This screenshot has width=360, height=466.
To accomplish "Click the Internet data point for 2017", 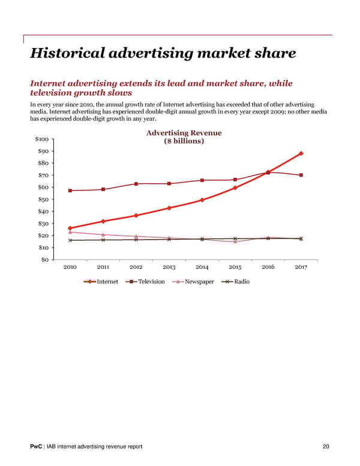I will [301, 153].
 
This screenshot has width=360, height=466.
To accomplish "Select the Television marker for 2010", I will [70, 190].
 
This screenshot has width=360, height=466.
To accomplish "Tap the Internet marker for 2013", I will [169, 208].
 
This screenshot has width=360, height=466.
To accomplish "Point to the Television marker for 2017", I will [301, 175].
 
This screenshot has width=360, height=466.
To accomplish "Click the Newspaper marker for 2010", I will [70, 232].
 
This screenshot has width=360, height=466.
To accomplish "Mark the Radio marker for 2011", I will [103, 240].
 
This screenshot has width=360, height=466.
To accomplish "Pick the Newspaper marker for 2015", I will [235, 241].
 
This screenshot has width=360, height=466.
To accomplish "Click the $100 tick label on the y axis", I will [42, 139].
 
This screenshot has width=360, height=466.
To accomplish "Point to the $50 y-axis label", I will [44, 199].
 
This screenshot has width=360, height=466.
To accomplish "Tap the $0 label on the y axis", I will [46, 259].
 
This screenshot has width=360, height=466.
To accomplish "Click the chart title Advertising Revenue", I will [184, 133].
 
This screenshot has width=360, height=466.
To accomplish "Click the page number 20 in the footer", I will [326, 446].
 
